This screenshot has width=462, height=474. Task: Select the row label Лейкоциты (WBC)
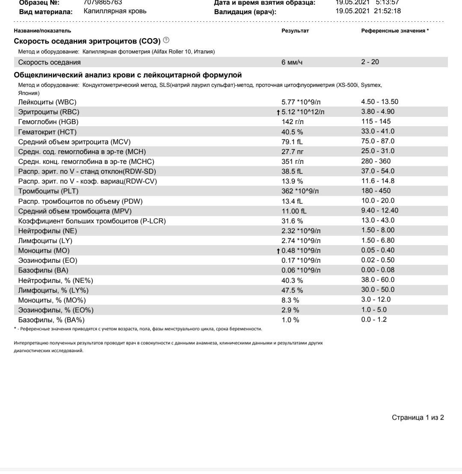click(x=47, y=102)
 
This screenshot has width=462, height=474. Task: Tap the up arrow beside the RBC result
click(x=278, y=112)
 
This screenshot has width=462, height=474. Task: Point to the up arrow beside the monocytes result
click(x=278, y=250)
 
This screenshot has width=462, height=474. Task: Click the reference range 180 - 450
click(x=376, y=191)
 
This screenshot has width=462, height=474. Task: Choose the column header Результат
click(x=295, y=31)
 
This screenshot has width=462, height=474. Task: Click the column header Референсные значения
click(x=395, y=31)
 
